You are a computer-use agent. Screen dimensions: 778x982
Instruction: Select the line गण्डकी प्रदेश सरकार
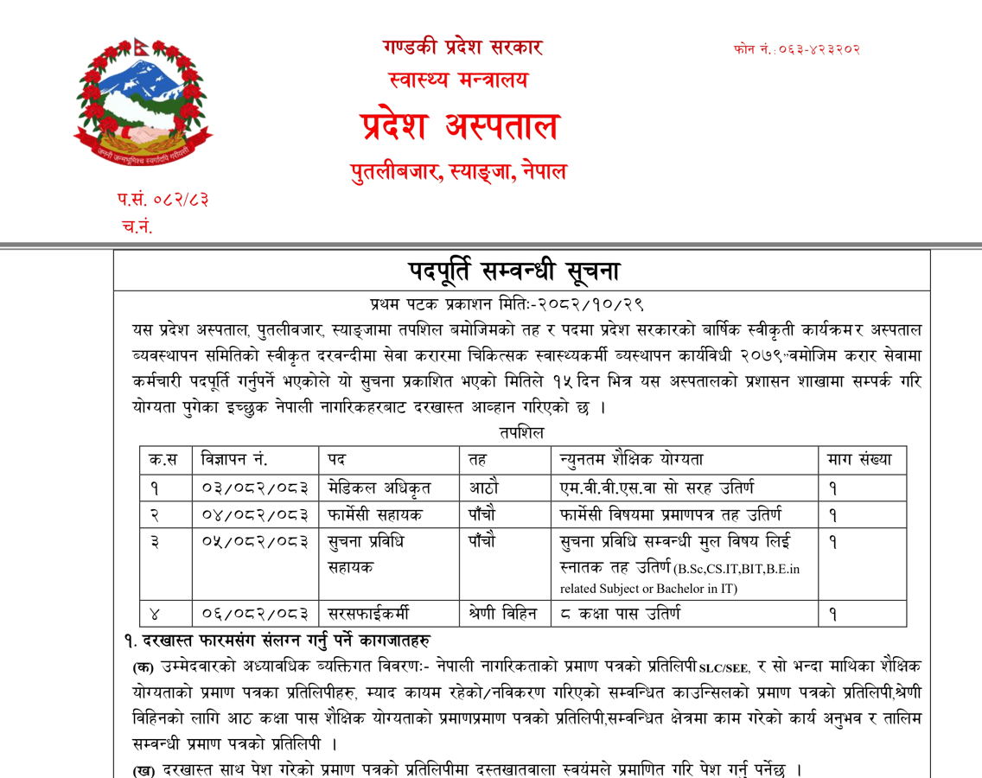pyautogui.click(x=463, y=48)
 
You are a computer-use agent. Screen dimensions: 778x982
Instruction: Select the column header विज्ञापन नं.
pyautogui.click(x=234, y=460)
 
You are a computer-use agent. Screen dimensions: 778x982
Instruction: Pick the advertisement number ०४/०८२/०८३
pyautogui.click(x=255, y=515)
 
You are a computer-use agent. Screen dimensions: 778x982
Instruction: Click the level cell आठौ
pyautogui.click(x=482, y=488)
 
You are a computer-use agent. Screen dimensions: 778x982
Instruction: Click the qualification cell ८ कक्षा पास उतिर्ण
pyautogui.click(x=620, y=614)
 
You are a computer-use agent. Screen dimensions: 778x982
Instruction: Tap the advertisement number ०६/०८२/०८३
pyautogui.click(x=255, y=614)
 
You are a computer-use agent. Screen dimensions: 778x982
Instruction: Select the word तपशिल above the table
pyautogui.click(x=521, y=431)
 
